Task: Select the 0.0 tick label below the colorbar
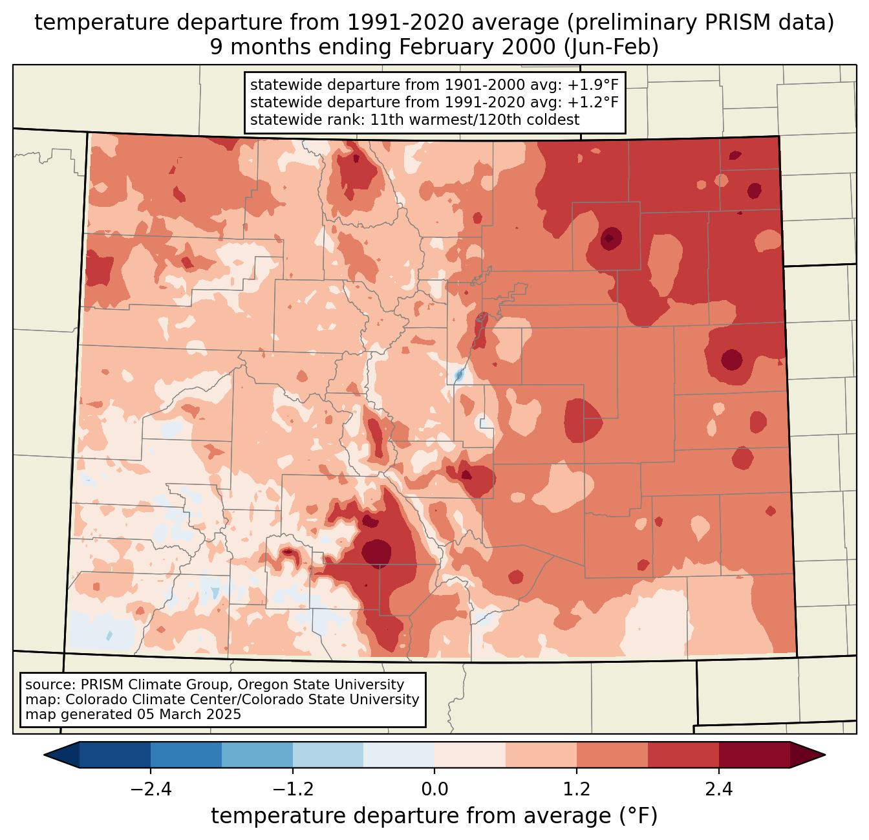point(434,790)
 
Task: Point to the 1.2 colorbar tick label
point(577,790)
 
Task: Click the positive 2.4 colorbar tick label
point(719,790)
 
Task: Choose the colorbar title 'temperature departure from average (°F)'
point(434,816)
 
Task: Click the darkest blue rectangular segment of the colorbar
point(115,755)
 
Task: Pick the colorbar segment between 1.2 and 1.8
point(612,755)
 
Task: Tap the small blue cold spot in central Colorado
point(459,374)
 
